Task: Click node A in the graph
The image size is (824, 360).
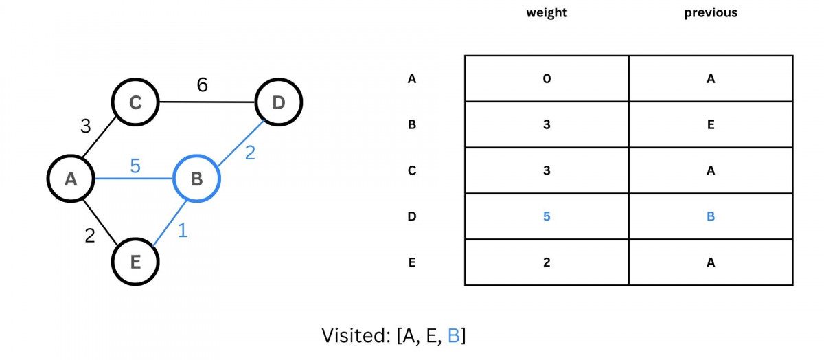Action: pyautogui.click(x=70, y=179)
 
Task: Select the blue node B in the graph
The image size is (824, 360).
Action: pyautogui.click(x=196, y=179)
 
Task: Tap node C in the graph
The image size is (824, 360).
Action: pyautogui.click(x=135, y=103)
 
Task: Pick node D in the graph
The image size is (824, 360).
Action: pyautogui.click(x=278, y=103)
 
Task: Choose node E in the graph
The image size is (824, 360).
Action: pyautogui.click(x=135, y=261)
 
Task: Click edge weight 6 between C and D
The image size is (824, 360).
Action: pyautogui.click(x=202, y=85)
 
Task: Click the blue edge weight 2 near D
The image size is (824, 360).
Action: pyautogui.click(x=250, y=153)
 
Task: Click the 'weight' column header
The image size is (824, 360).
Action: pyautogui.click(x=546, y=13)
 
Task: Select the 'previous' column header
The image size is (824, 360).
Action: pyautogui.click(x=710, y=13)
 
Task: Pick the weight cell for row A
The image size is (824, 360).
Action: pyautogui.click(x=547, y=78)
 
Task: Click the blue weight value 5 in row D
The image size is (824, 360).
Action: pyautogui.click(x=547, y=216)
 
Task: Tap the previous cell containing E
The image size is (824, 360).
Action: pyautogui.click(x=711, y=124)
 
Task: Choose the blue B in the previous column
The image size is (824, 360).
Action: pyautogui.click(x=711, y=216)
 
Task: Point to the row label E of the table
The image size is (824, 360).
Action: pyautogui.click(x=412, y=262)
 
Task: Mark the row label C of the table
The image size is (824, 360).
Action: pyautogui.click(x=412, y=170)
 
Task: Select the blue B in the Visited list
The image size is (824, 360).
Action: pyautogui.click(x=453, y=335)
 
